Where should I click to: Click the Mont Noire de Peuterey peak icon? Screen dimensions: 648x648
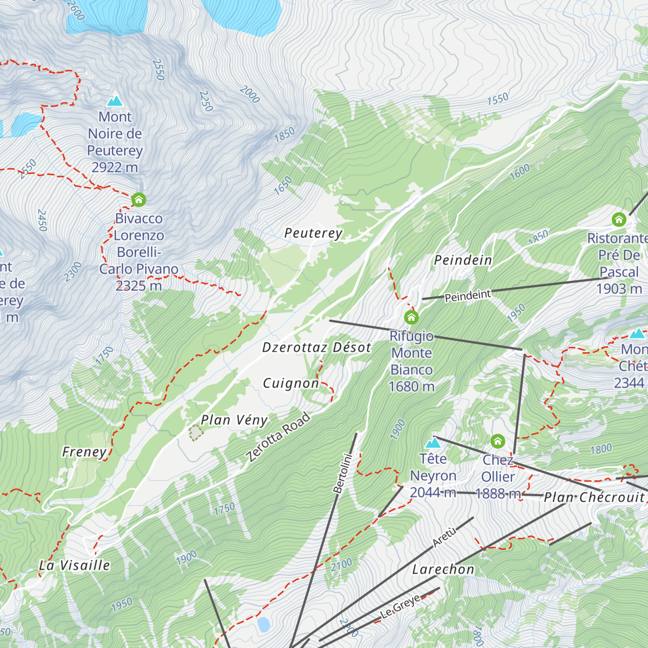114,101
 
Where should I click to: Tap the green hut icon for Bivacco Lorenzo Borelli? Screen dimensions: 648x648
139,200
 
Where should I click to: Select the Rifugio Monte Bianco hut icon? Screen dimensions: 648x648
411,316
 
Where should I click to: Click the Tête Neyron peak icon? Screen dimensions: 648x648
433,443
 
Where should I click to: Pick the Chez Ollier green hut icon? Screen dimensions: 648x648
497,442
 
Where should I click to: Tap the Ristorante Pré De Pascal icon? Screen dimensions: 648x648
619,220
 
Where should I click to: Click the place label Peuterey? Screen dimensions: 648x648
313,233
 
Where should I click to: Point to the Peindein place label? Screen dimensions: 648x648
463,260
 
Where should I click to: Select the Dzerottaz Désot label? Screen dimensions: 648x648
316,348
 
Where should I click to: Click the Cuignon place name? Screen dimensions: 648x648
291,383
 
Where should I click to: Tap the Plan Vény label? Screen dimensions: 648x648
234,420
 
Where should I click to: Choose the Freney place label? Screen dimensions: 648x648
84,452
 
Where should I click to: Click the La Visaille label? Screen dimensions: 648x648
75,565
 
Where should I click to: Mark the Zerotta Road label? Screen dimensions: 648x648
278,437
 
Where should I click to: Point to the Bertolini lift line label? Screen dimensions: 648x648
342,474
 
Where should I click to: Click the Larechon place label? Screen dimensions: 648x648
443,570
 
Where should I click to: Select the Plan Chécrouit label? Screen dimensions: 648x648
594,497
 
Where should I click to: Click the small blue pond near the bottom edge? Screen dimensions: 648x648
264,625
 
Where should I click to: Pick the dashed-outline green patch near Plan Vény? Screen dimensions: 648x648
195,432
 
